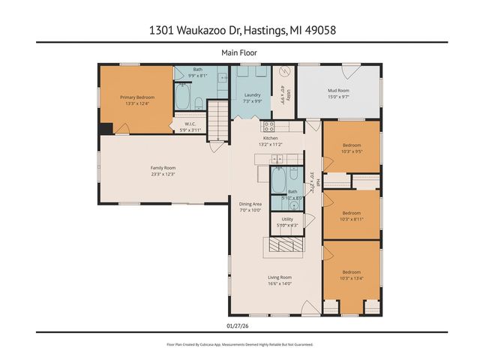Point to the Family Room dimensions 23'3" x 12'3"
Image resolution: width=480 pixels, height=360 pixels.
tap(163, 174)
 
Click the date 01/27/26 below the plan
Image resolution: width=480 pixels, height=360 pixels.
tap(235, 325)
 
